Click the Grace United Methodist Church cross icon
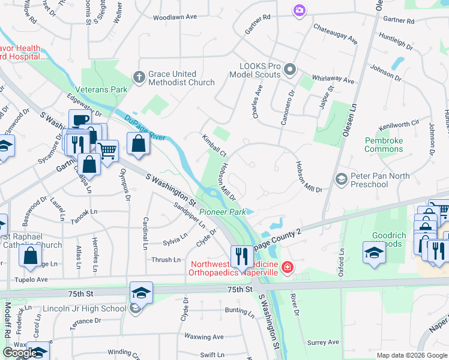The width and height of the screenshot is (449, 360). point(139,77)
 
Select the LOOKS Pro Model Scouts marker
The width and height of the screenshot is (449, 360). point(290,70)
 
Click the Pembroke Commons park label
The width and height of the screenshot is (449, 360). point(384,145)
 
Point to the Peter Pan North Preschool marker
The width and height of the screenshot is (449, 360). point(341,179)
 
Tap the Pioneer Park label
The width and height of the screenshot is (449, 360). point(222,212)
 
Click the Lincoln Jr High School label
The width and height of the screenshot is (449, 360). point(84,309)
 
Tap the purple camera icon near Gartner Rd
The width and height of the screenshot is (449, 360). point(299,10)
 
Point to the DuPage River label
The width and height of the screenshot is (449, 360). point(145,127)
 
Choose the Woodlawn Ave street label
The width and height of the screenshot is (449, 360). point(175,17)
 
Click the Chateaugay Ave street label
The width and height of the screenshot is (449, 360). point(335,34)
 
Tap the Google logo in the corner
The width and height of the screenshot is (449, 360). point(20,353)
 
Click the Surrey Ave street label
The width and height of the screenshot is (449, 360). point(323,342)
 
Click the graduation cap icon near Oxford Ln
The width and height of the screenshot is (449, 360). point(374,252)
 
